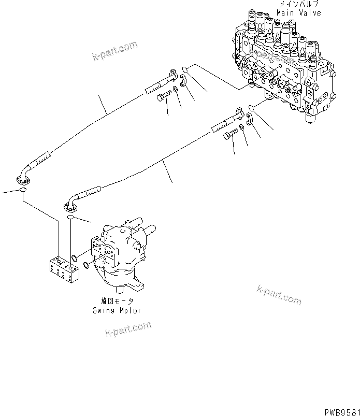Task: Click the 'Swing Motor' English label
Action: [117, 310]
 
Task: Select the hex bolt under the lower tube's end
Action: [229, 136]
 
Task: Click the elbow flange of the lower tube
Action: [70, 206]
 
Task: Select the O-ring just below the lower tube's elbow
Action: [71, 218]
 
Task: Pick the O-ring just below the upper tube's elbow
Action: [23, 192]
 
